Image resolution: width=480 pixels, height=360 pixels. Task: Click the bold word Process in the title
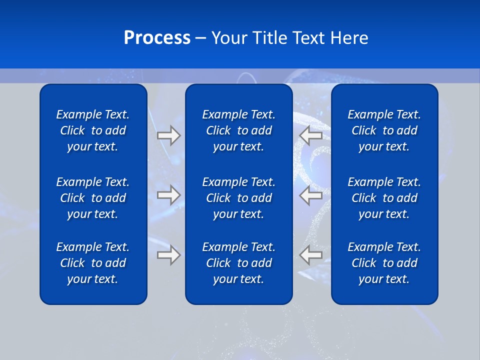[157, 38]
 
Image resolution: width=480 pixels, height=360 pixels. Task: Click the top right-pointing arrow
[168, 135]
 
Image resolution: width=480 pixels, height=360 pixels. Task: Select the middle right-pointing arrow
[168, 195]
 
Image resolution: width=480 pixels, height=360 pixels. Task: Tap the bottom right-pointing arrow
[168, 255]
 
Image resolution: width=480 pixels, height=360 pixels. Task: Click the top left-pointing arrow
[310, 135]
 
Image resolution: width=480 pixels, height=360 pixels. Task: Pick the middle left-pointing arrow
[310, 195]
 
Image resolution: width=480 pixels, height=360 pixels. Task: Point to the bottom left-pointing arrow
[310, 255]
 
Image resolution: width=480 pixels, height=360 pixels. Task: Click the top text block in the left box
[93, 130]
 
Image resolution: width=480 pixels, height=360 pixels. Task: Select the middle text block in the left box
[93, 198]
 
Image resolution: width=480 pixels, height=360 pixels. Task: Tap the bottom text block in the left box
[93, 263]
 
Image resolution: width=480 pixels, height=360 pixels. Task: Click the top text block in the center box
[239, 130]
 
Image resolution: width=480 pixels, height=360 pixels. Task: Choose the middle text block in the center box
[239, 198]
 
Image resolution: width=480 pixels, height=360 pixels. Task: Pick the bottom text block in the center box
[239, 263]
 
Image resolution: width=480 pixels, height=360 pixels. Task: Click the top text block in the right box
[384, 130]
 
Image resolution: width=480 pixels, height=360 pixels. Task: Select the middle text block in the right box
[384, 198]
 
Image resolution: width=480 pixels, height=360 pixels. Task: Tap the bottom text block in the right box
[384, 263]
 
